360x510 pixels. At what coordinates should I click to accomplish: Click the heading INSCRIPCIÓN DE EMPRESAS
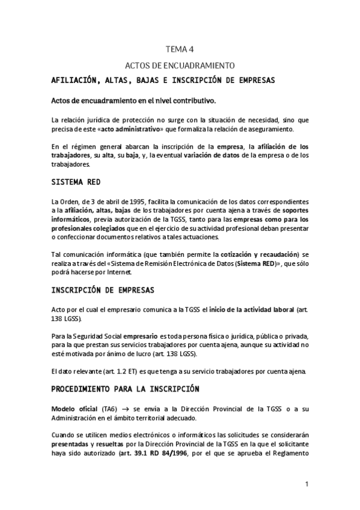pyautogui.click(x=103, y=290)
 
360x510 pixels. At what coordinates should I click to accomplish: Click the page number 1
pyautogui.click(x=307, y=484)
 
